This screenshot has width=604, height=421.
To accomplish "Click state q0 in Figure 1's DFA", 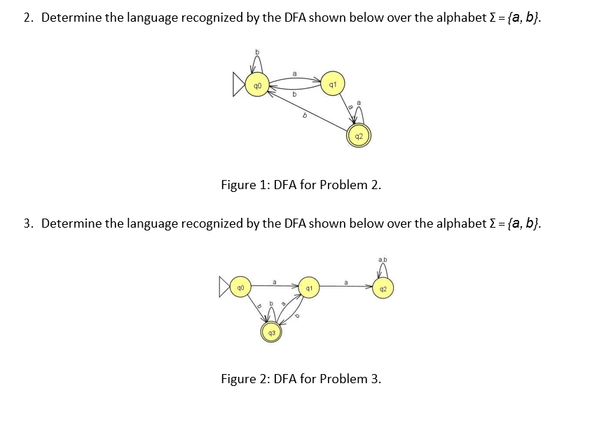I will click(x=257, y=87).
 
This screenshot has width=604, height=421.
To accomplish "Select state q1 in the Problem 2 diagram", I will click(x=332, y=83).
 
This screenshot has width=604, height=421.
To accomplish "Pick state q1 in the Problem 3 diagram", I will click(x=308, y=288).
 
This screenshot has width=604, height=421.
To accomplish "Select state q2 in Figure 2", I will click(x=383, y=288).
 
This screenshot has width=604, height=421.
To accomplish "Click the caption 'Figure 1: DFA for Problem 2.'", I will click(x=301, y=186).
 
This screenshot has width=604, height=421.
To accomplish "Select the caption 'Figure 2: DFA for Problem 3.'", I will click(x=301, y=379).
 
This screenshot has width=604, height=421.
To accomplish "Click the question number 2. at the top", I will click(x=28, y=18).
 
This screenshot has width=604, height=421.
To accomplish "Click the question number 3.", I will click(x=28, y=223).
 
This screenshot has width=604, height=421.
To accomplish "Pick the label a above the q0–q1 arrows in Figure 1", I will click(x=294, y=72).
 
